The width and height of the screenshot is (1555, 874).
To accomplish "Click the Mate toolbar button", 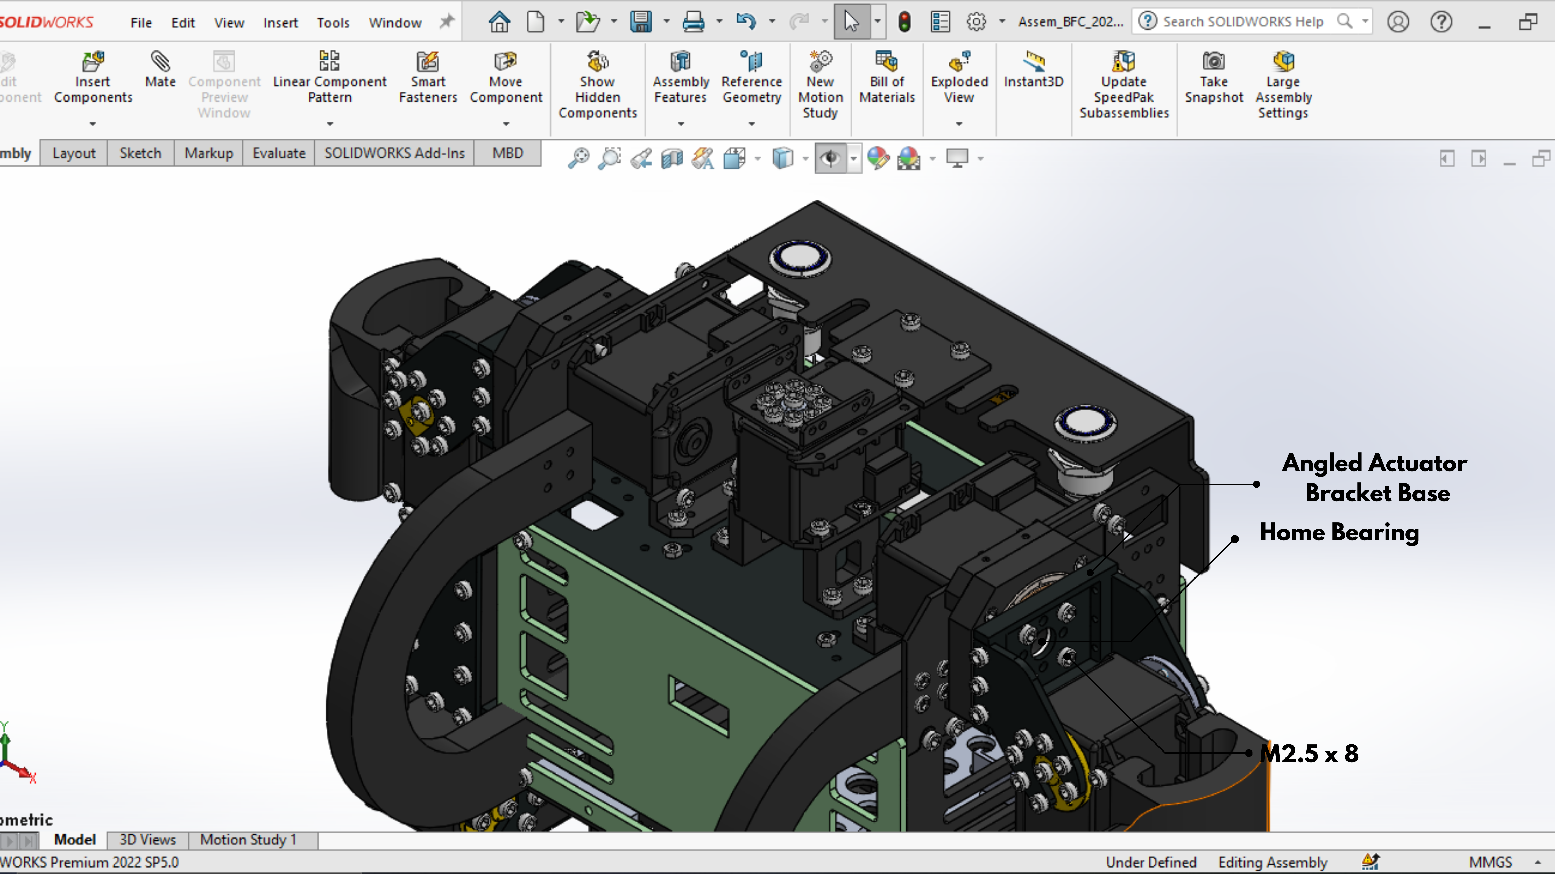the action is (x=160, y=69).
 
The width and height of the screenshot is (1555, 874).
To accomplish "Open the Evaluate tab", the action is (x=279, y=153).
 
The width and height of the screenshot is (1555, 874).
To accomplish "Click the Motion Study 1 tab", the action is (x=248, y=840).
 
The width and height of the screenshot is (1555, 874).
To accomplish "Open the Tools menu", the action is (x=333, y=23).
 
